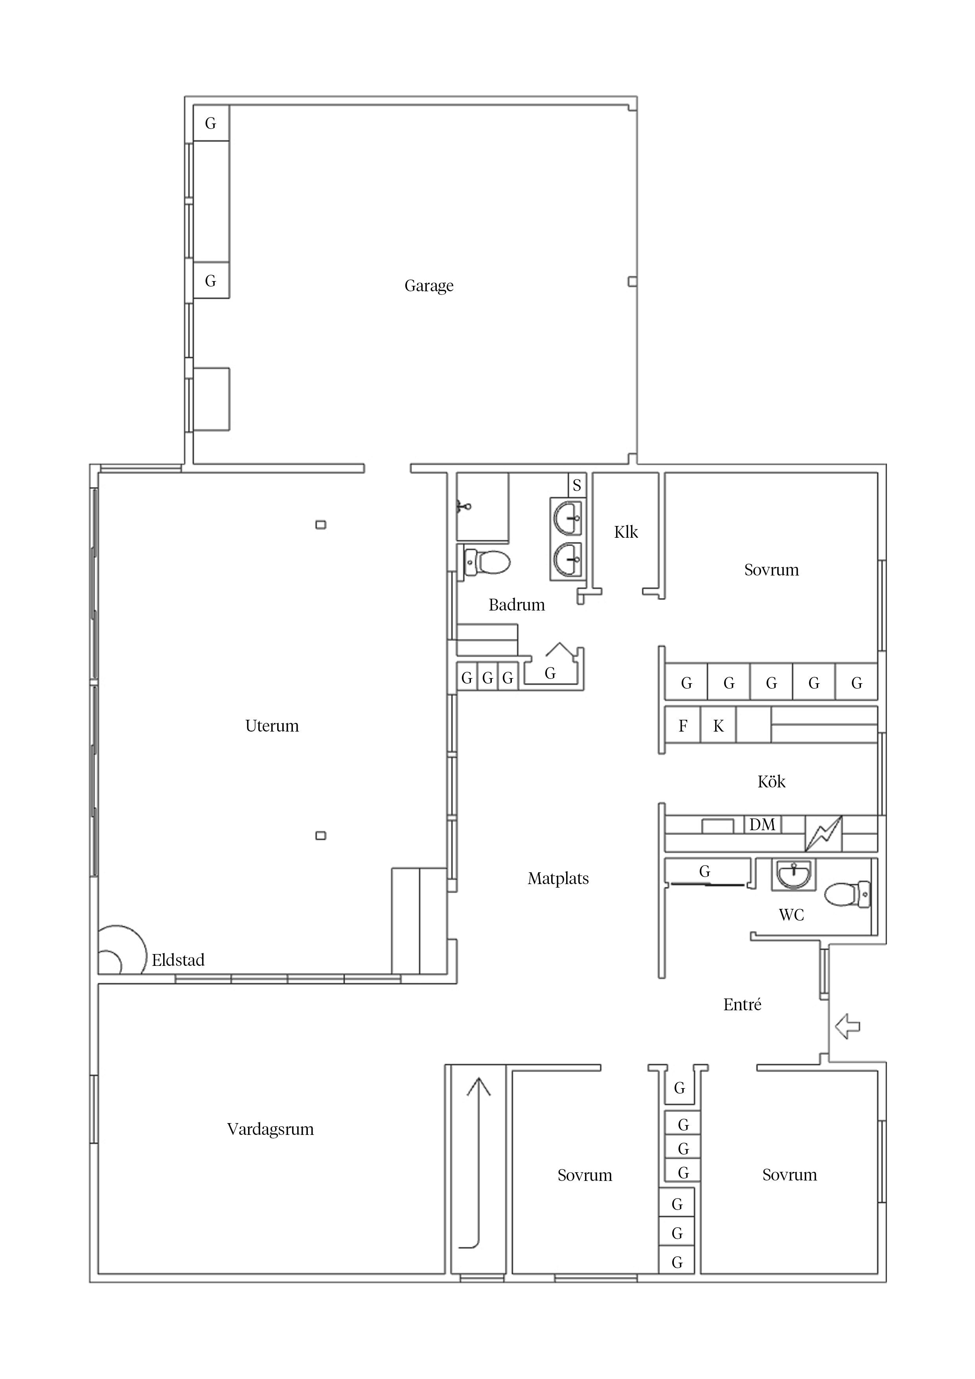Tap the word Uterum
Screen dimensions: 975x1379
(272, 726)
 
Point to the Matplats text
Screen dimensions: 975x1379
(558, 879)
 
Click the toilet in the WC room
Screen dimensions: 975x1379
(848, 894)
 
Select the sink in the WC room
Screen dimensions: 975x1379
(794, 875)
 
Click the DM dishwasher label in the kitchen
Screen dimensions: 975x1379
(762, 825)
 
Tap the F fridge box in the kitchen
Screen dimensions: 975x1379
(682, 726)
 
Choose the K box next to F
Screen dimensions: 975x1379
(718, 726)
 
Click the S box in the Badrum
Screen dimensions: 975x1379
(577, 485)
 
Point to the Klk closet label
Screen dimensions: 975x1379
(626, 532)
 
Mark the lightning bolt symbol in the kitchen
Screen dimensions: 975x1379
(824, 834)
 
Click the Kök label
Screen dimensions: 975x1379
(771, 781)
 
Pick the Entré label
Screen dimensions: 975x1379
(743, 1004)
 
